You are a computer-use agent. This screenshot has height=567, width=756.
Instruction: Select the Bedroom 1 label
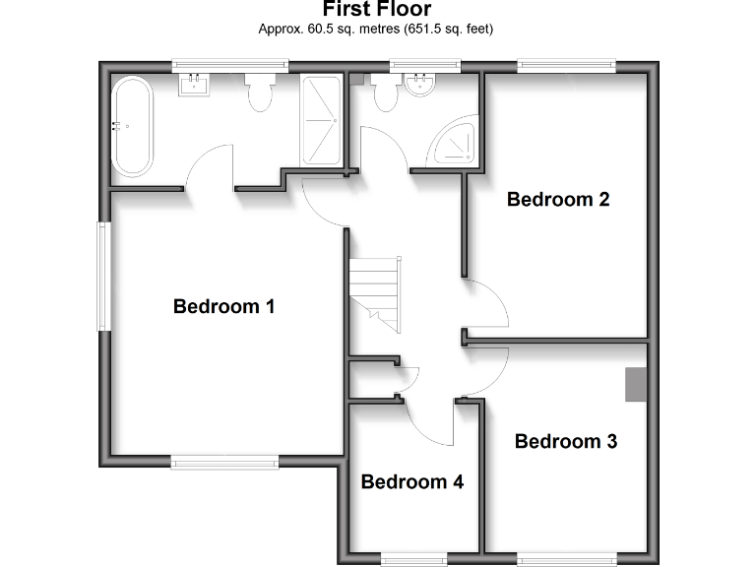tap(223, 306)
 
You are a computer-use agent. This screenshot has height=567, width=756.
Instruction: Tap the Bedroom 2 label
tap(558, 199)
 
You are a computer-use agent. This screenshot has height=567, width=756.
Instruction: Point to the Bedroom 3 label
tap(566, 441)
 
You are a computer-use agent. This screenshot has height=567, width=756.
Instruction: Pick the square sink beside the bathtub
tap(194, 85)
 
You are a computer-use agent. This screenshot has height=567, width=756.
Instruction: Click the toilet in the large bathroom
tap(261, 93)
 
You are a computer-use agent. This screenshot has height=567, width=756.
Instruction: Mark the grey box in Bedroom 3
tap(636, 385)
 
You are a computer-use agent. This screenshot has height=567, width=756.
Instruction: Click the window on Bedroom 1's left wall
tap(101, 277)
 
